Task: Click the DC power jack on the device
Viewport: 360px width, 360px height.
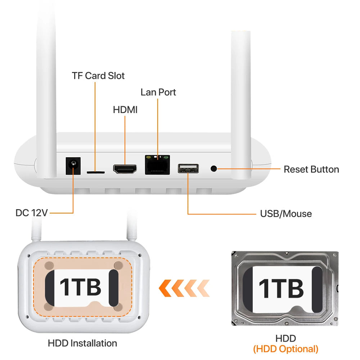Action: pos(73,166)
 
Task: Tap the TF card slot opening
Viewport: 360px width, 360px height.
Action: pos(95,172)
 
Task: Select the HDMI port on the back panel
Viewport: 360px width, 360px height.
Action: pos(125,169)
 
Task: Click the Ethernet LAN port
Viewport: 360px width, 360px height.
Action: pos(158,165)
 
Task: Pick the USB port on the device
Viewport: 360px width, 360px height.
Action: pos(188,168)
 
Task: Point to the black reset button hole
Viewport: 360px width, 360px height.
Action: pos(213,169)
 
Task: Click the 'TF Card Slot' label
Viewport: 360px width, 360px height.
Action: pos(98,76)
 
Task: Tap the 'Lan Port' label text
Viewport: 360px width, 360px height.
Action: pos(158,92)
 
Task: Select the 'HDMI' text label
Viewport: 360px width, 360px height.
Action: pos(125,110)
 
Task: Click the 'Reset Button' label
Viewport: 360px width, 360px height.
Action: pos(311,170)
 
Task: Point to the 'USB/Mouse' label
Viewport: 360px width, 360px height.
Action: pos(286,214)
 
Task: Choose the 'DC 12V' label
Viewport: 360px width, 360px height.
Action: pos(31,213)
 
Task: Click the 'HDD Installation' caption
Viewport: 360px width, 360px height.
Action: pos(82,343)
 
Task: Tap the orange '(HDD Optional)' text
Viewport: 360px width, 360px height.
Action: pos(285,349)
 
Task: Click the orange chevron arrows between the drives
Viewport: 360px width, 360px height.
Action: pos(184,288)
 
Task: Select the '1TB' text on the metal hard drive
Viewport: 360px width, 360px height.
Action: pos(281,288)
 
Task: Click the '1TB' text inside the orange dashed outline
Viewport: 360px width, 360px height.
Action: pos(80,287)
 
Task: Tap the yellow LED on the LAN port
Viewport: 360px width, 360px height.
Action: pos(148,158)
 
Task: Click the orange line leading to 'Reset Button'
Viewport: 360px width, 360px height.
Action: pos(249,169)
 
